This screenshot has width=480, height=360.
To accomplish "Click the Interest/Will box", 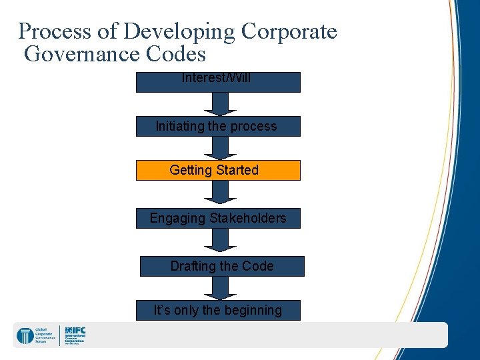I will [218, 81].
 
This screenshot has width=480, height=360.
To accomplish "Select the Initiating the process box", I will [218, 126].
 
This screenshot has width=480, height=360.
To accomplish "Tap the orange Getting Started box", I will [218, 170].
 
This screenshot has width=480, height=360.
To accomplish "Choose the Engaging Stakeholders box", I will [218, 218].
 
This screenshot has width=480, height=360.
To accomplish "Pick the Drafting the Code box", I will [221, 266].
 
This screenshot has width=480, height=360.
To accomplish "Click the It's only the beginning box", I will [218, 310].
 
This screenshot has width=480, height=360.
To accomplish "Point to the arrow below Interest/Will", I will [216, 103].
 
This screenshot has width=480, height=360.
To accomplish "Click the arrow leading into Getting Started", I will [216, 147].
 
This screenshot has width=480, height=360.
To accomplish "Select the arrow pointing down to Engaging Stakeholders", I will [216, 193].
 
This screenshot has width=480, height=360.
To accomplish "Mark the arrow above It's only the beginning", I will [216, 287].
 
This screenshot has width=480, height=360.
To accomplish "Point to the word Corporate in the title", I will [289, 31].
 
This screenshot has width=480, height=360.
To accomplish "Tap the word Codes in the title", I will [180, 53].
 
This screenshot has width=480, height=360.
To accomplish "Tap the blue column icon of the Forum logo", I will [25, 336].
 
